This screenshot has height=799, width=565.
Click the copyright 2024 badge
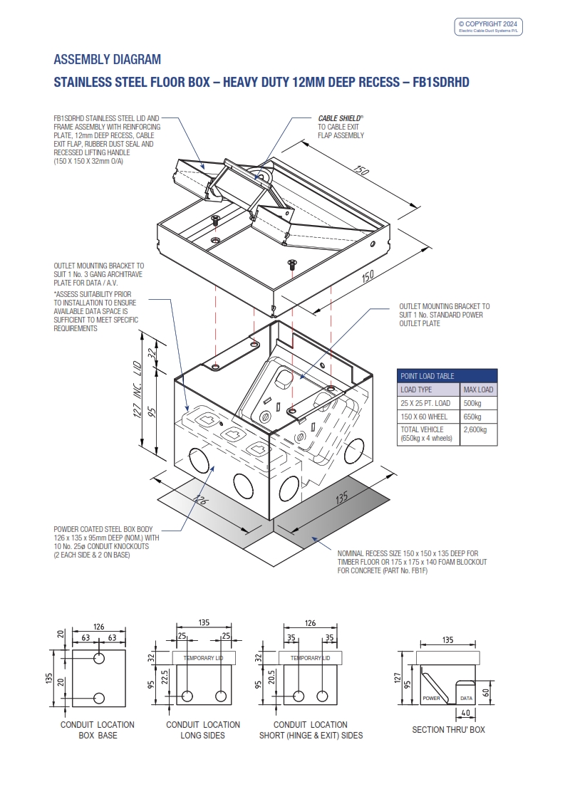[489, 26]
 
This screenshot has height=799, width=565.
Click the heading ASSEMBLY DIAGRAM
[108, 59]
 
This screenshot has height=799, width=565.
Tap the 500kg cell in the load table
[473, 403]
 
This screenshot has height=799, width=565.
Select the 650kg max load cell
[473, 417]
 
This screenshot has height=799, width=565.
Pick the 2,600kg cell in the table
[476, 429]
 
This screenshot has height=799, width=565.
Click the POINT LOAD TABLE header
[427, 376]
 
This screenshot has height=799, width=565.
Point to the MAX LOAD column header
[478, 390]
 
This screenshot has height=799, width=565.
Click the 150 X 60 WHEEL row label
[421, 417]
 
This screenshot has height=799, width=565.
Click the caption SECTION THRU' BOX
[448, 730]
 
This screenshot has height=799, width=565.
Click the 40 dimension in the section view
[464, 713]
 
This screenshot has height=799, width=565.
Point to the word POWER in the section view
[432, 699]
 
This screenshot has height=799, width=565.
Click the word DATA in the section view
[466, 699]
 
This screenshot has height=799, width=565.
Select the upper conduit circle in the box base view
[100, 656]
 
